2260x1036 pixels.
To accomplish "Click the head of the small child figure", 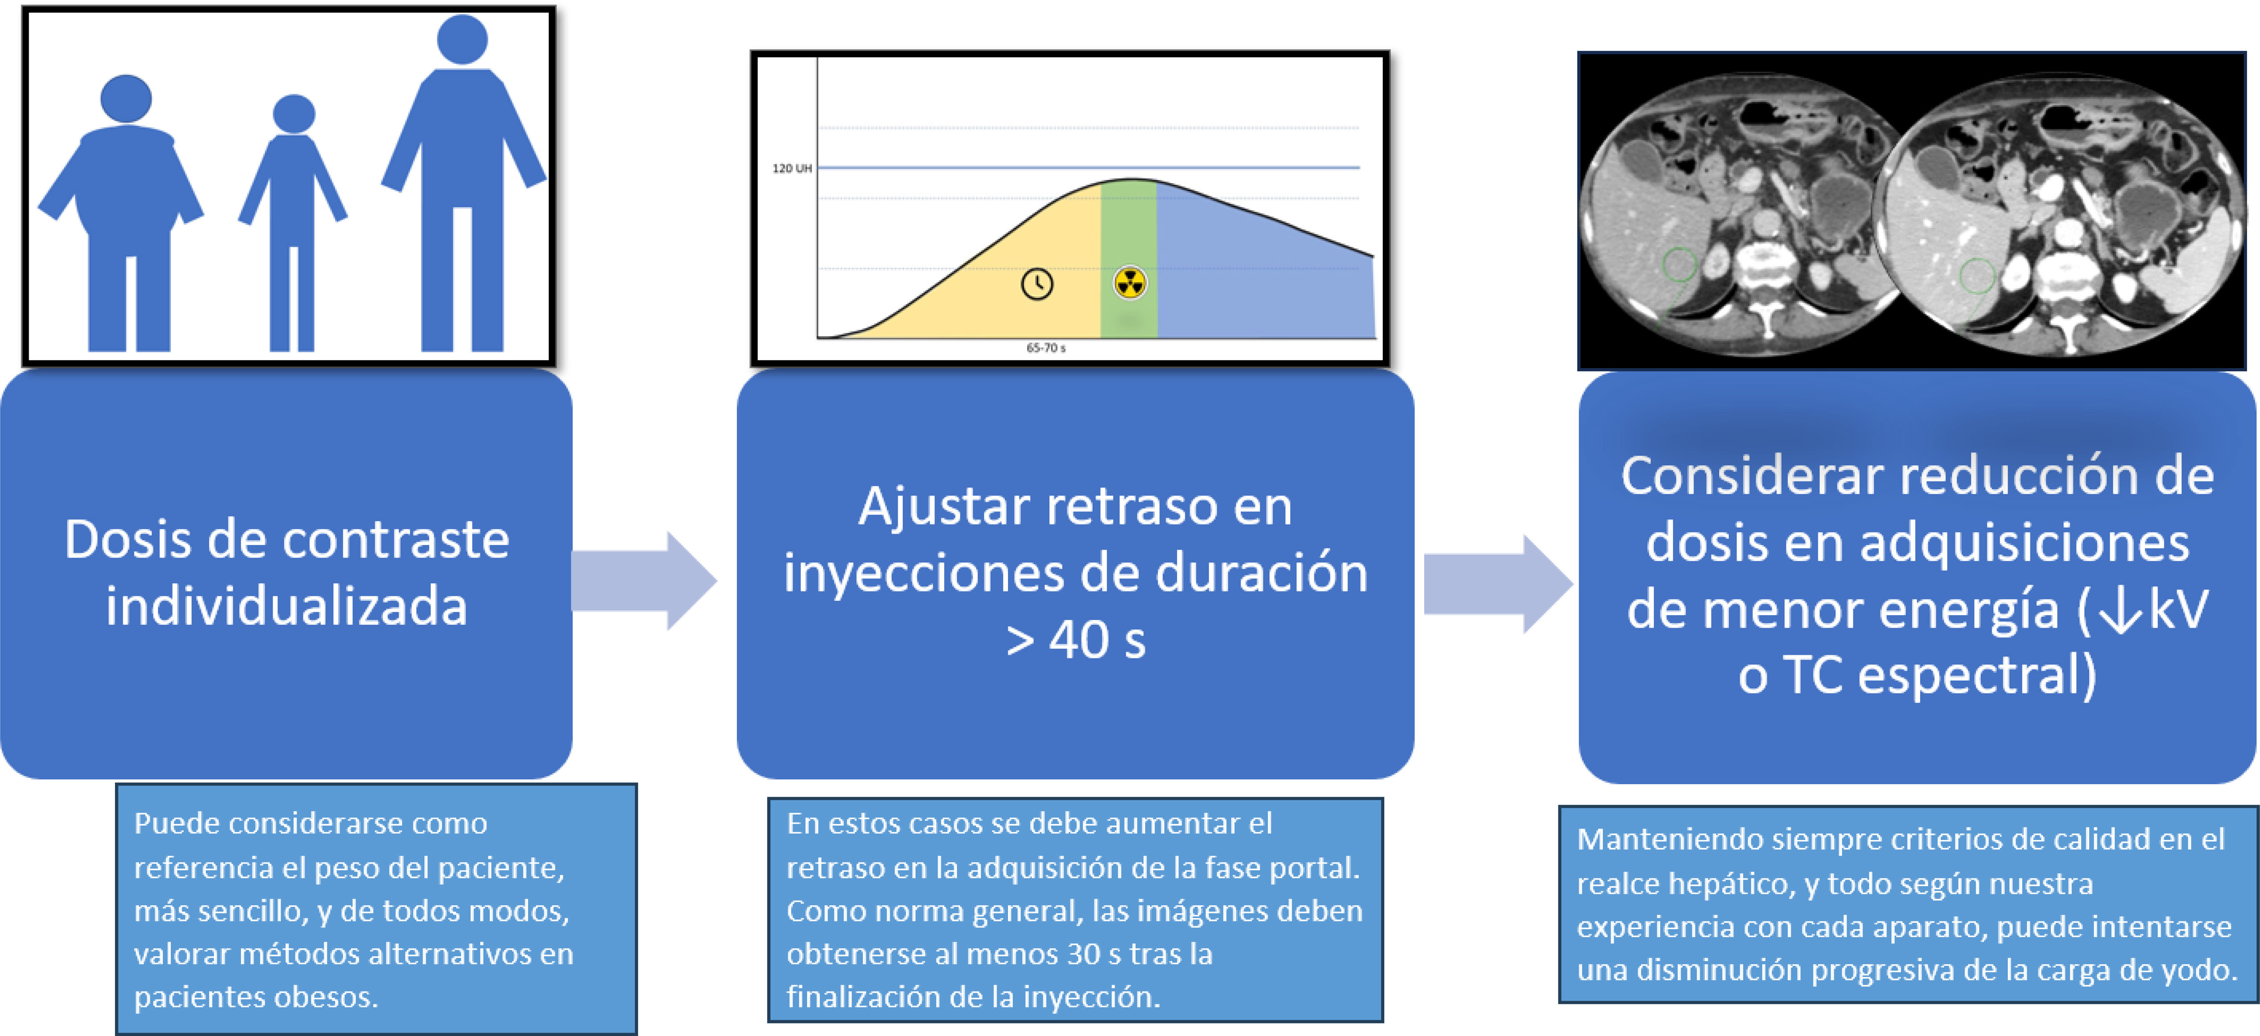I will (x=294, y=114).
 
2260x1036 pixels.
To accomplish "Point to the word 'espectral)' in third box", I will (x=1977, y=675).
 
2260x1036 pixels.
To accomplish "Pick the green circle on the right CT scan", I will (x=1978, y=275).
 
